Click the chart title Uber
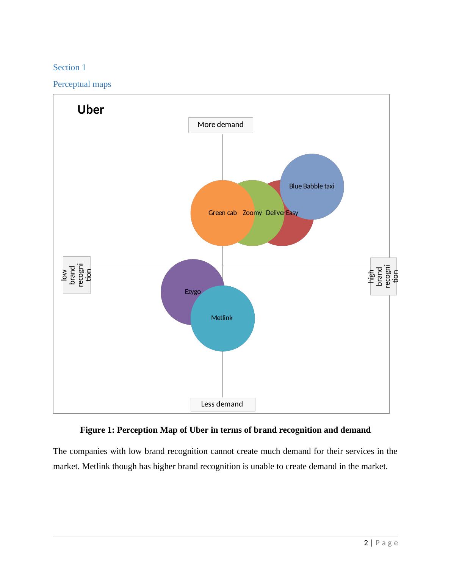coord(91,110)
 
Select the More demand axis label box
coord(221,125)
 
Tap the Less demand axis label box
coord(222,404)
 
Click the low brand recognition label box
coord(77,275)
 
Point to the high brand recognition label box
coord(384,276)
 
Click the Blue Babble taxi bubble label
coord(312,186)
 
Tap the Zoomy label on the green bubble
coord(252,213)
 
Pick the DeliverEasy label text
coord(282,213)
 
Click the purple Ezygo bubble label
coord(193,292)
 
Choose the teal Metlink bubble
coord(223,330)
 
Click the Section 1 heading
coord(69,68)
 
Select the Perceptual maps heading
coord(82,84)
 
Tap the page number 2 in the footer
coord(366,543)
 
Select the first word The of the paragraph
coord(60,451)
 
